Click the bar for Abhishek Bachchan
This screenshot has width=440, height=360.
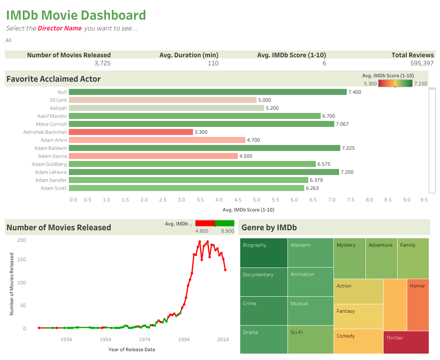point(131,132)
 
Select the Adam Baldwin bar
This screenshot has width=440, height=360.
point(204,148)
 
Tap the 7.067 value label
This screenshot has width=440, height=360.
point(342,124)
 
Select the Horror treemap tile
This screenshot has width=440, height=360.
point(418,304)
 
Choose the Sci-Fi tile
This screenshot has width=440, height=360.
point(310,340)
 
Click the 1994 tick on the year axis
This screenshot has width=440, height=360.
point(184,340)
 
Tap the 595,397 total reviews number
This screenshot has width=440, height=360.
point(422,63)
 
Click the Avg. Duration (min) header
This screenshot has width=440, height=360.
point(189,55)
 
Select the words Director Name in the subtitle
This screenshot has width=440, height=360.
point(60,28)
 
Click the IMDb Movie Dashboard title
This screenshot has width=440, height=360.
point(76,15)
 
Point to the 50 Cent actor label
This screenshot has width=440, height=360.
point(58,100)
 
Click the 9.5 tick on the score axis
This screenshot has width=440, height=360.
point(424,200)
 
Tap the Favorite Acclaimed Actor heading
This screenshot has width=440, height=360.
point(54,79)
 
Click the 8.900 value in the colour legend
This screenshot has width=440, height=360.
point(227,231)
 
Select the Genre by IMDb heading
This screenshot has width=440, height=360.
point(269,228)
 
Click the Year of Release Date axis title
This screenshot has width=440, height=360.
point(132,350)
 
